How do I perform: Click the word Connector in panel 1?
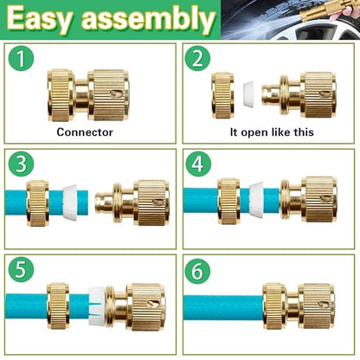(x=85, y=132)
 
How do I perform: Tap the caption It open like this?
(x=270, y=132)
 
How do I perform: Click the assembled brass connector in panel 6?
(x=299, y=305)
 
